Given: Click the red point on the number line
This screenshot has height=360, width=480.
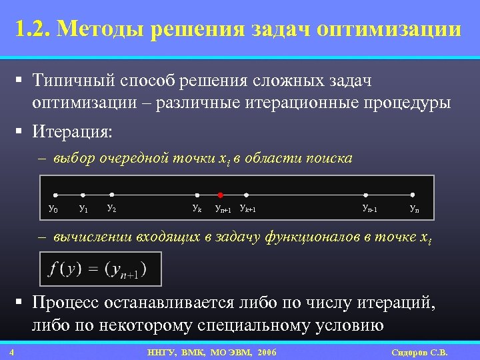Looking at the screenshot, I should point(220,195).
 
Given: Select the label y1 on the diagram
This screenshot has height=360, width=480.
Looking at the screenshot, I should point(83,209).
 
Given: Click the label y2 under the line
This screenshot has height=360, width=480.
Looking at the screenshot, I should point(112,209).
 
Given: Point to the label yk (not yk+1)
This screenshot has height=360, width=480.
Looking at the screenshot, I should point(197,209).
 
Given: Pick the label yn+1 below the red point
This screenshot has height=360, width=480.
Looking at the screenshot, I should point(223,209).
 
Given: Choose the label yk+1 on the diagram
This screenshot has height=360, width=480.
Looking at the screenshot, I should point(248,209).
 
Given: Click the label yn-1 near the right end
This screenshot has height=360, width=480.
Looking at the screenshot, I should point(369,209).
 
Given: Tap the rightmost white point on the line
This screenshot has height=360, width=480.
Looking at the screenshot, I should point(413,195).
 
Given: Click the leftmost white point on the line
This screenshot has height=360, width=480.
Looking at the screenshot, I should point(55,195).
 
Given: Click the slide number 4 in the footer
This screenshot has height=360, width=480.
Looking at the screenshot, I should point(13,352).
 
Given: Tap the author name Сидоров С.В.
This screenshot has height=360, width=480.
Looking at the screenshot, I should point(419,352).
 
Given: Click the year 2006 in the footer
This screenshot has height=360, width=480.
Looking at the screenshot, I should point(265,352).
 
